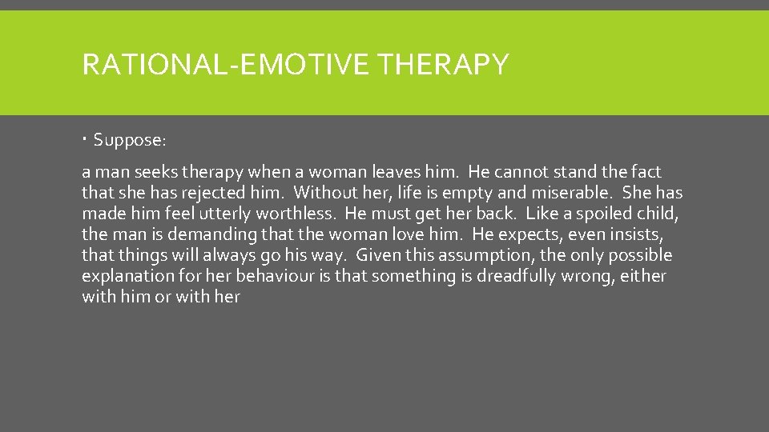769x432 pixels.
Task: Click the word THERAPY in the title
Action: [445, 64]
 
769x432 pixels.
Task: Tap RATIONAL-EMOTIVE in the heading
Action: [230, 64]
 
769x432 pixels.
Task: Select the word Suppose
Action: [129, 141]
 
